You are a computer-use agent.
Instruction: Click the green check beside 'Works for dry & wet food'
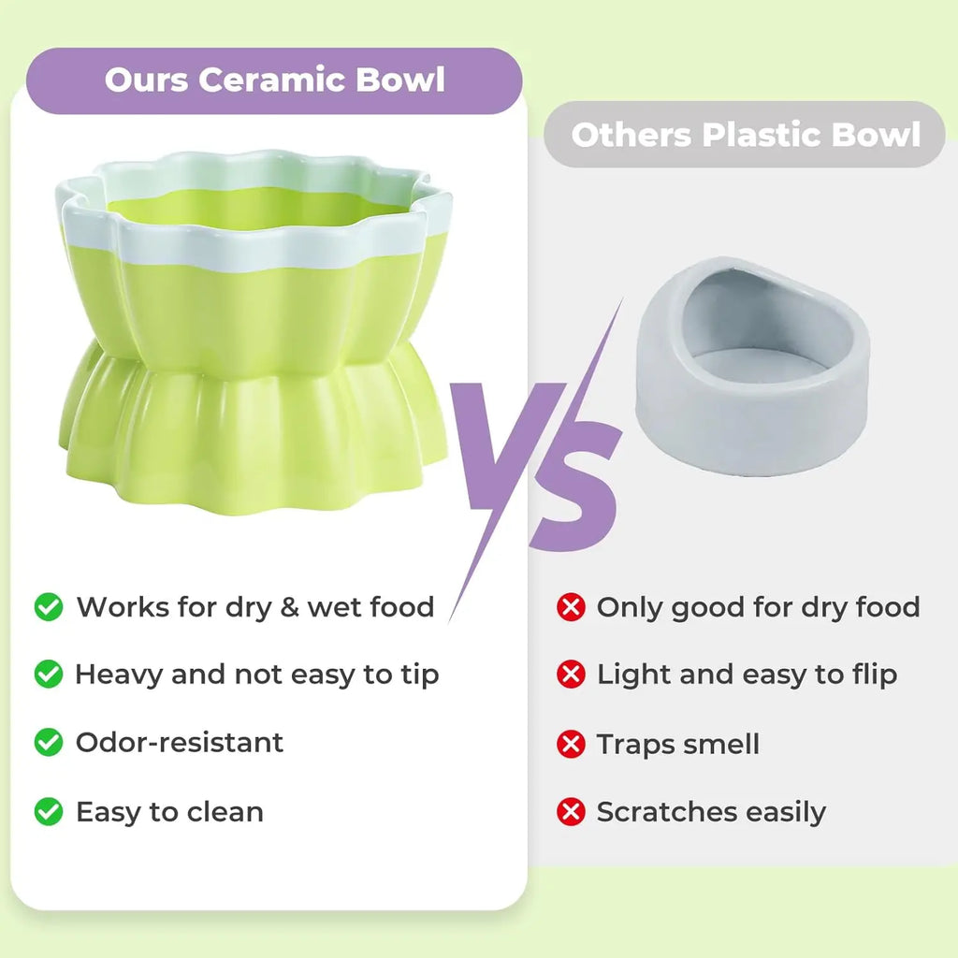click(x=49, y=606)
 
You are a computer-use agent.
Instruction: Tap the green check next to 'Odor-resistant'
click(x=49, y=743)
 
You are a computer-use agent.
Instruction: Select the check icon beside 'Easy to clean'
click(x=49, y=811)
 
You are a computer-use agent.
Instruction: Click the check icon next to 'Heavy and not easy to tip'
click(x=49, y=674)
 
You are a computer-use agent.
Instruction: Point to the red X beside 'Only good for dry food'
click(x=571, y=607)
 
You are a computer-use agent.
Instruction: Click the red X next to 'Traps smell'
click(x=571, y=744)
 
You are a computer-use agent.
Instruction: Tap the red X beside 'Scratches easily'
click(x=571, y=811)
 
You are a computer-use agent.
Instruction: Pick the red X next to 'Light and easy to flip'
click(x=571, y=674)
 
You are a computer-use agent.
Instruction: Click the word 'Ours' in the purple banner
click(x=146, y=80)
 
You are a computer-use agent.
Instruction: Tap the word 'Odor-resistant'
click(x=179, y=743)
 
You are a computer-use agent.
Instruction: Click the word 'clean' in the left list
click(x=224, y=811)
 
